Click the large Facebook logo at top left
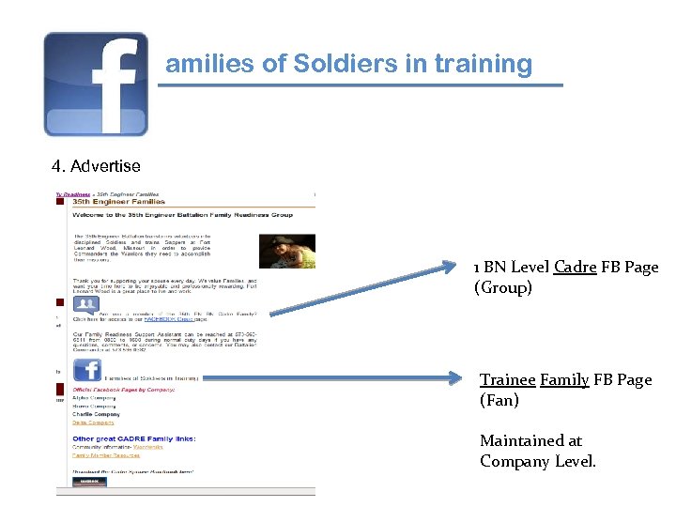96,84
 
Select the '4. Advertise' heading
96,166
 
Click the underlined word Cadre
575,268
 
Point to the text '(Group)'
502,288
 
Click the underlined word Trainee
507,380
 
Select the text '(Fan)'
499,401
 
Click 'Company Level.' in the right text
538,461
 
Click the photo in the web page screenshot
287,250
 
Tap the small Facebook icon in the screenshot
86,370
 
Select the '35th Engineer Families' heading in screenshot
119,201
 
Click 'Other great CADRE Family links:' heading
134,438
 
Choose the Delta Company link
93,423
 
